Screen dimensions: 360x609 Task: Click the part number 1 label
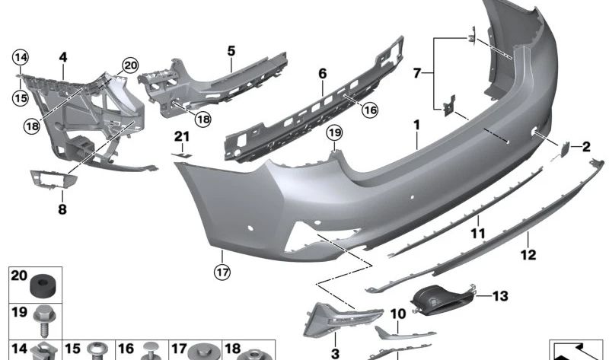coord(416,123)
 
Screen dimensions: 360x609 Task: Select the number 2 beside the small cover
coord(586,145)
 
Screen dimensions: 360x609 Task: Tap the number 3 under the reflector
coord(334,352)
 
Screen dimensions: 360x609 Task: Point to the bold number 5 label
coord(231,51)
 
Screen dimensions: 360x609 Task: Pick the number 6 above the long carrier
coord(322,74)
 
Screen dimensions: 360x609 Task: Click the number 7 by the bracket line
coord(417,74)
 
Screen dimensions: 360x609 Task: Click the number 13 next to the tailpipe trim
coord(499,296)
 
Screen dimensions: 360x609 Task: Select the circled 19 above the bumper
coord(333,134)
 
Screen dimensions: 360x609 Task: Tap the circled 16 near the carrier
coord(370,110)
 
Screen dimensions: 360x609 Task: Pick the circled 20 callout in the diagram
coord(130,65)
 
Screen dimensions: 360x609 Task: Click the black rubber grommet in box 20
coord(43,287)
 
